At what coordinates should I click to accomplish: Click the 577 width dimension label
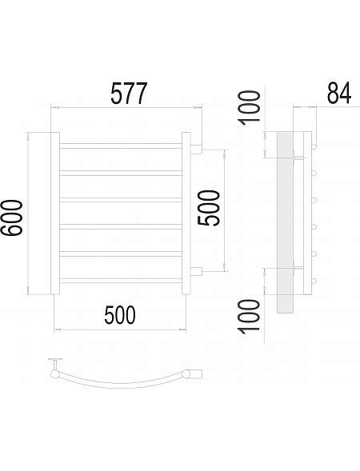click(129, 94)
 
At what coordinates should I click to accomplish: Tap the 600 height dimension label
click(12, 218)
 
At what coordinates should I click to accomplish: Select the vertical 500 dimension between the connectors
click(209, 208)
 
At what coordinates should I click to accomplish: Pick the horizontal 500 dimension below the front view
click(120, 315)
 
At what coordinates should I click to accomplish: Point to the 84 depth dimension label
click(339, 93)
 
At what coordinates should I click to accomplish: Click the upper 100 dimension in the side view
click(249, 108)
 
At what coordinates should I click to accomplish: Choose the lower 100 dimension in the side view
click(249, 317)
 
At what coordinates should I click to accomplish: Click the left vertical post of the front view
click(55, 214)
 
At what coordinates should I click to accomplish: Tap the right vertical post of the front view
click(186, 214)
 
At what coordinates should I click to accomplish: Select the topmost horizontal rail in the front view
click(121, 146)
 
